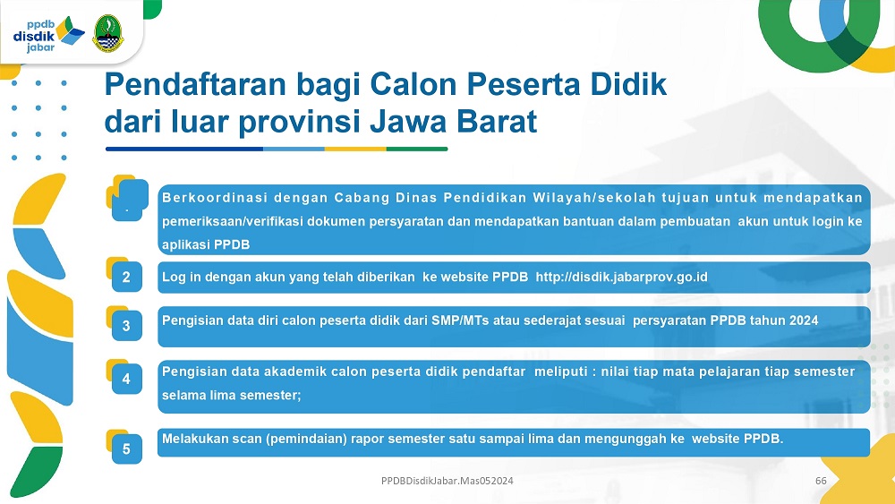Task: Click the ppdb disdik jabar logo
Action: [48, 35]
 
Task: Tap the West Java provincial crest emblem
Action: [108, 34]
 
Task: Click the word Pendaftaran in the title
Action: [195, 84]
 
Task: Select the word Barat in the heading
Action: [497, 122]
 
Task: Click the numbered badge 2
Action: [126, 277]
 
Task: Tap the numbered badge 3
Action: [126, 326]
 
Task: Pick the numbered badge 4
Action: [126, 379]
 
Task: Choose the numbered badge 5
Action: [126, 449]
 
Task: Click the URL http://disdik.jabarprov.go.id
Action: [622, 277]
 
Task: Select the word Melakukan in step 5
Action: [192, 439]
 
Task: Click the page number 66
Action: [821, 481]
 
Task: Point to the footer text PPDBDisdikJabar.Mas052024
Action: [447, 481]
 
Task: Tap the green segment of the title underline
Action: [417, 149]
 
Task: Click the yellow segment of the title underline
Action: [355, 149]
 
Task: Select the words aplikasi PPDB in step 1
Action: [206, 245]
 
